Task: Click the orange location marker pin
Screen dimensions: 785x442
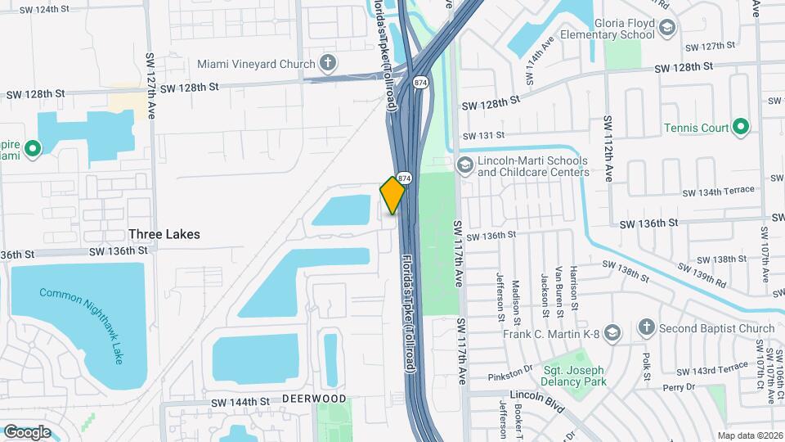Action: click(x=392, y=195)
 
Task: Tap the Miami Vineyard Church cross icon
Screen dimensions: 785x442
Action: click(x=328, y=64)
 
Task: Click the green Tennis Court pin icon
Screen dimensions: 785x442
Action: click(x=741, y=127)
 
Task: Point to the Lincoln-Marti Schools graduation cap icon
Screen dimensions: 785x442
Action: click(x=465, y=166)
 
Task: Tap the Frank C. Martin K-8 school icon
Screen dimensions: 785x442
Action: click(x=613, y=332)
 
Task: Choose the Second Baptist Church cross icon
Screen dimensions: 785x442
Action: click(x=646, y=328)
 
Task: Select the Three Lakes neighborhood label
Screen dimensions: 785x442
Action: click(x=164, y=234)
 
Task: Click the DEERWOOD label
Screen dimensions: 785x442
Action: click(x=314, y=399)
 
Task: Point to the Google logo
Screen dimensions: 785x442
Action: click(x=27, y=431)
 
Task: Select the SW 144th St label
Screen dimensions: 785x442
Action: click(x=240, y=402)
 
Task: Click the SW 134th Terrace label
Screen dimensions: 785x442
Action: click(x=719, y=191)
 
